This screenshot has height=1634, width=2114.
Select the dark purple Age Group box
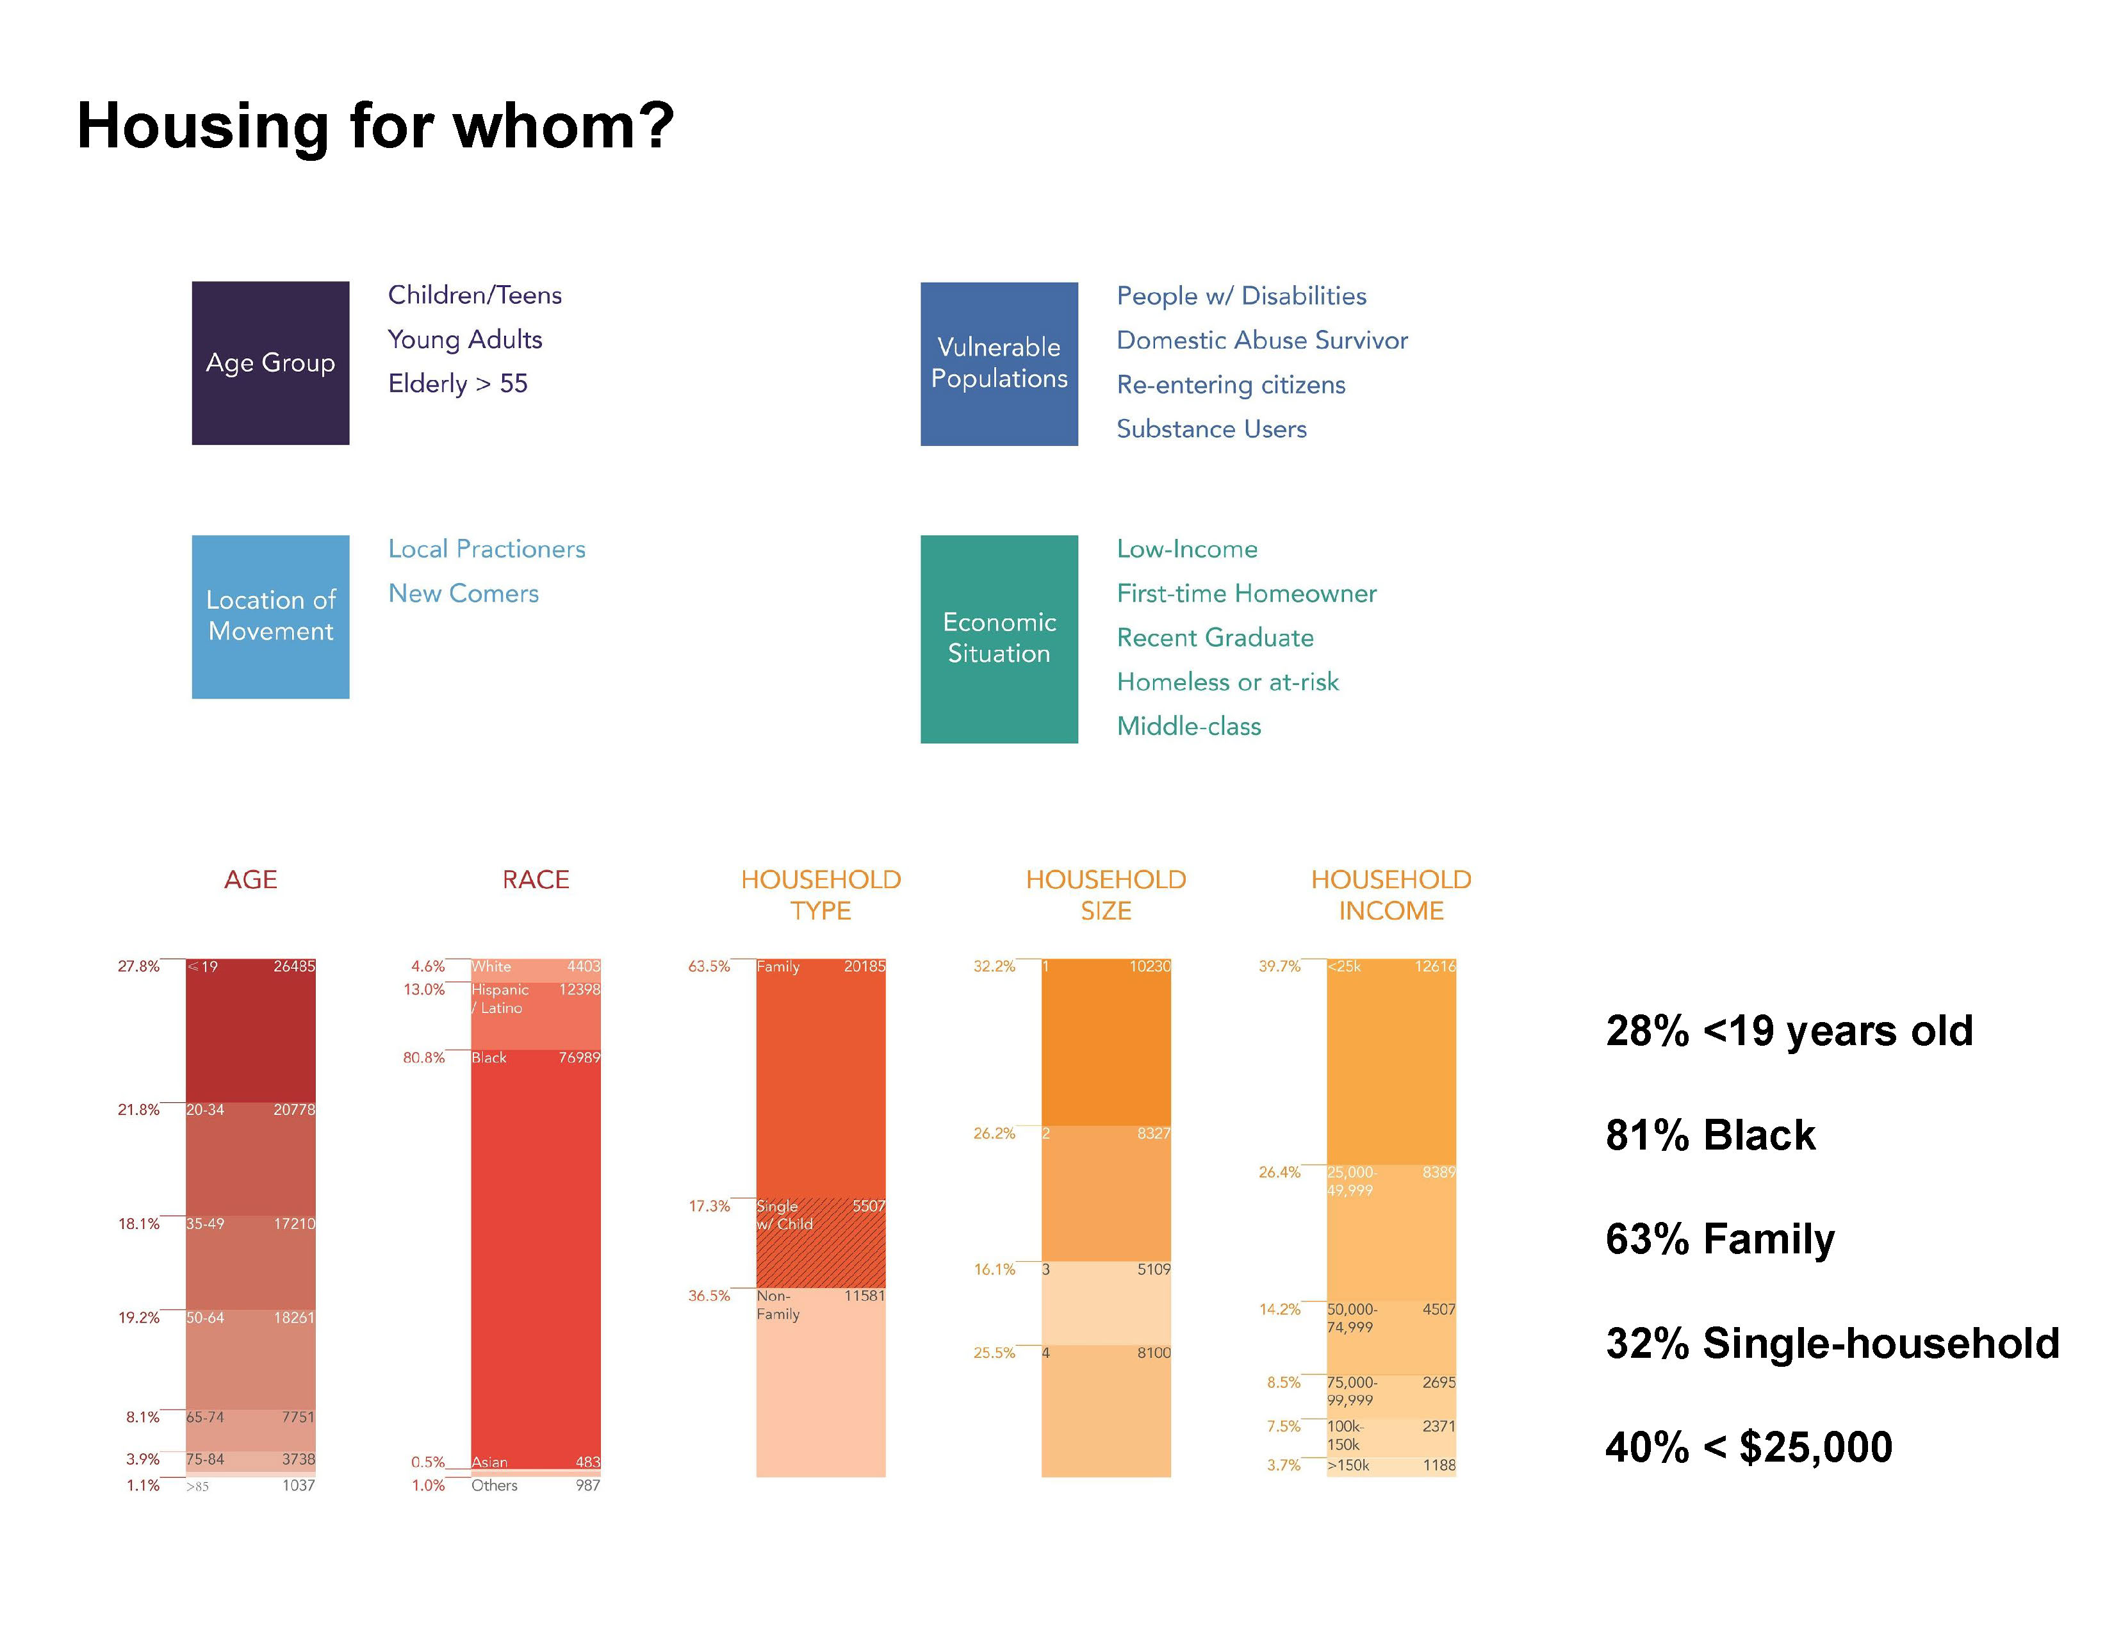click(270, 363)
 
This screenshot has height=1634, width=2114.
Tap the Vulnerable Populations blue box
click(999, 364)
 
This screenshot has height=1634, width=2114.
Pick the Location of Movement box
click(270, 616)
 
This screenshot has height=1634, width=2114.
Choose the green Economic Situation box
click(999, 639)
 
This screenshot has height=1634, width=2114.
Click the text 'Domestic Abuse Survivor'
click(1261, 341)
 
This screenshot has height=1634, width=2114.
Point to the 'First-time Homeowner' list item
click(1246, 593)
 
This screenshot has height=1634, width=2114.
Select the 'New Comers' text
click(463, 593)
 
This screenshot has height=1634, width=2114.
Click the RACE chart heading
click(536, 879)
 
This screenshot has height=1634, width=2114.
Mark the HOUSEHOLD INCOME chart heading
click(1390, 895)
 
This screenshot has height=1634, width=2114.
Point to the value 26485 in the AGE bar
click(293, 966)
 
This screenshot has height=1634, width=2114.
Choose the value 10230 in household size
click(1149, 966)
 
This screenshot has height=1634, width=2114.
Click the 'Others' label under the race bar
click(494, 1485)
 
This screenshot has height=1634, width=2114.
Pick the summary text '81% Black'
click(1709, 1134)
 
